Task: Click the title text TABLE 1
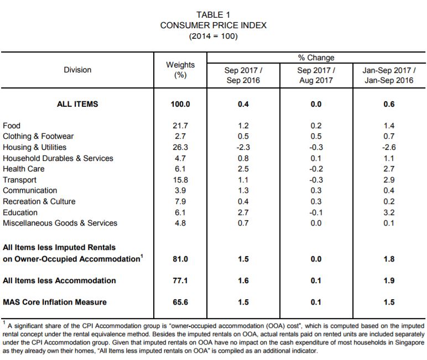213,15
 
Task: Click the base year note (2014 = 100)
213,36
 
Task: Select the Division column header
77,70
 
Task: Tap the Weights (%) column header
180,70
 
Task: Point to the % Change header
316,58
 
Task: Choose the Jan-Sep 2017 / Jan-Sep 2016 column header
389,75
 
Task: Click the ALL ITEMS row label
77,104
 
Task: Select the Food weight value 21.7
180,126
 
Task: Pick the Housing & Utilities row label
35,147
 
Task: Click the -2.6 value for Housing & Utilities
389,147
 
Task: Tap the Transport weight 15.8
180,180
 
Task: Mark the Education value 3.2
389,212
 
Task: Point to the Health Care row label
24,169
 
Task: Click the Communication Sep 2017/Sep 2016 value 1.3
243,190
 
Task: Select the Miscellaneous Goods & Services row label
60,223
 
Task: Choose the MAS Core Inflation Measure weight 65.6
180,302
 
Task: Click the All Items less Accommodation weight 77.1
180,280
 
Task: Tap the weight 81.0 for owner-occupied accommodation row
180,259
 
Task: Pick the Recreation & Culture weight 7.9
180,201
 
